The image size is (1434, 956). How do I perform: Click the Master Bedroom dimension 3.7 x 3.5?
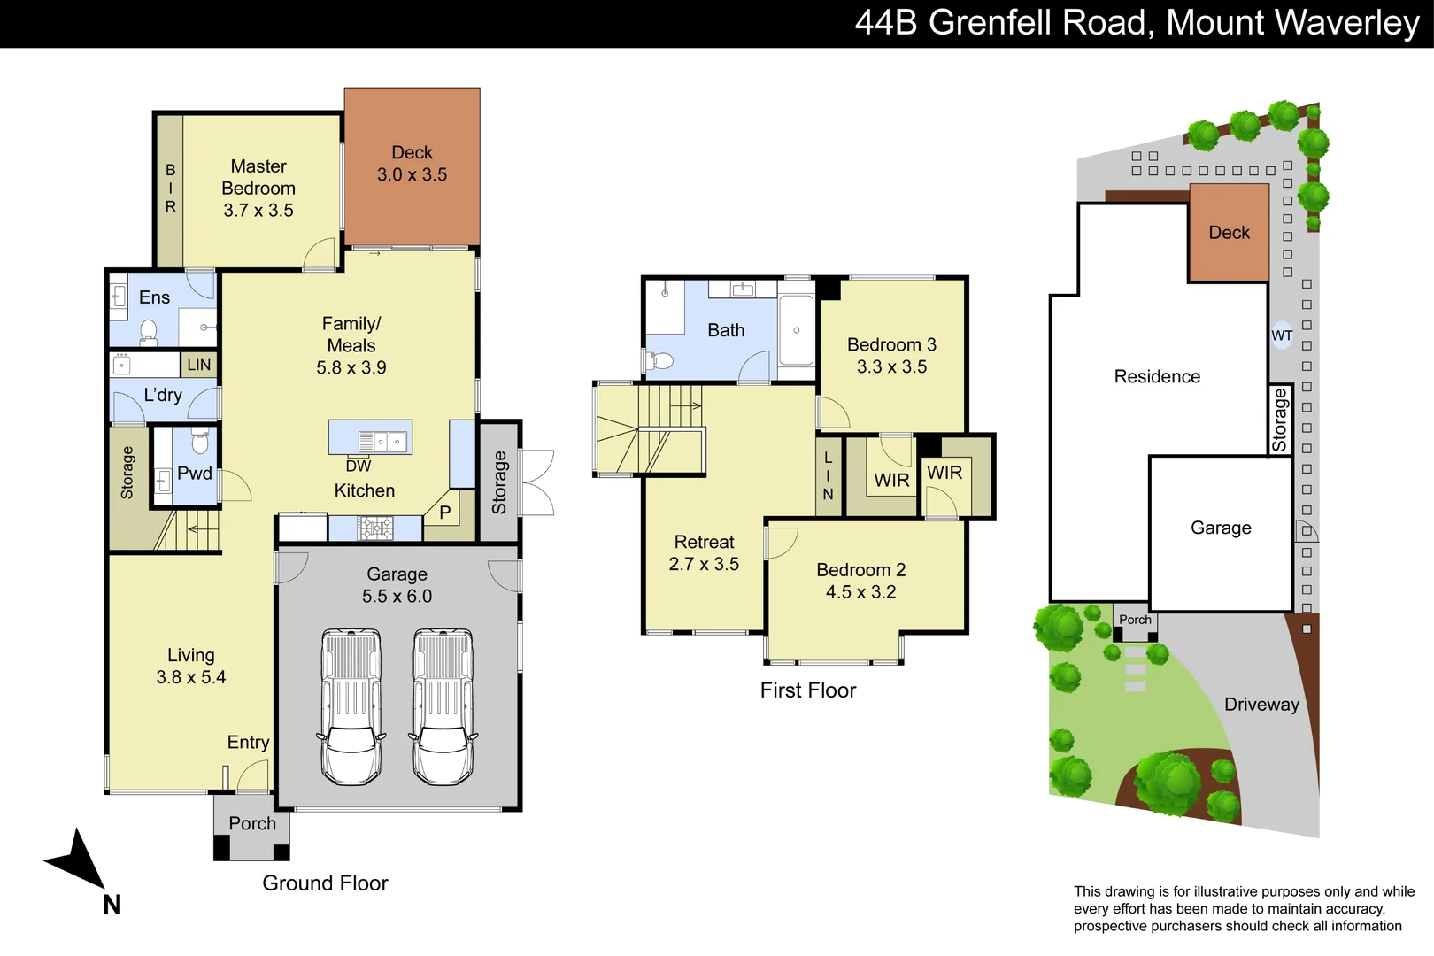[x=258, y=211]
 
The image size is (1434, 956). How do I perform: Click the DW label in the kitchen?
[x=358, y=466]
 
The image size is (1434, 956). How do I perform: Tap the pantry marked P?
[x=444, y=513]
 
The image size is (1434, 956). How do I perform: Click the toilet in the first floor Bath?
[x=659, y=360]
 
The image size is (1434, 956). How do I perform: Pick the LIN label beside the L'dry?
[x=199, y=365]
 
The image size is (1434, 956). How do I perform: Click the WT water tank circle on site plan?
[x=1282, y=335]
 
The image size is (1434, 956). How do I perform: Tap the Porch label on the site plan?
[x=1135, y=620]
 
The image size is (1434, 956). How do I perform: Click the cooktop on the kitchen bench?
[x=375, y=528]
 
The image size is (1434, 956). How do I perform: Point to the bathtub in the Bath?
[x=796, y=330]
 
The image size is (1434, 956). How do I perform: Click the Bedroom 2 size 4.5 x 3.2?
[x=860, y=592]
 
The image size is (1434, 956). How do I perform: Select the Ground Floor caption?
[x=325, y=883]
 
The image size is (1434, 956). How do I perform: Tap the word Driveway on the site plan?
[x=1261, y=705]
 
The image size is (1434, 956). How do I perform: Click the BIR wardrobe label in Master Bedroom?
[x=170, y=188]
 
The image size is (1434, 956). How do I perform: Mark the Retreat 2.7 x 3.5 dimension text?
[x=704, y=564]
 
